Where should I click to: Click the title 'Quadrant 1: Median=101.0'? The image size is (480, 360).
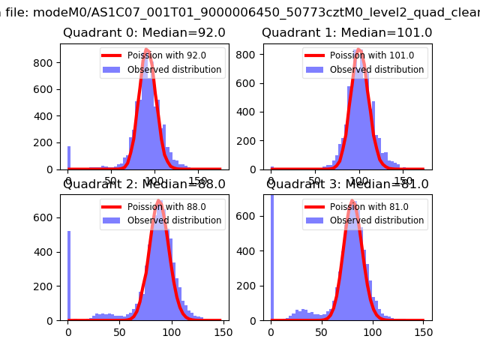(346, 33)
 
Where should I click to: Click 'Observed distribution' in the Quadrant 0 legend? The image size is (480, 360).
(174, 70)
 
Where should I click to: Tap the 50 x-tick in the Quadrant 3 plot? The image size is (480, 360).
(322, 331)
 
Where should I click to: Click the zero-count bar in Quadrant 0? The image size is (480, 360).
(69, 158)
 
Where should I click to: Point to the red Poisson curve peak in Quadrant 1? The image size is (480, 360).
(359, 50)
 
